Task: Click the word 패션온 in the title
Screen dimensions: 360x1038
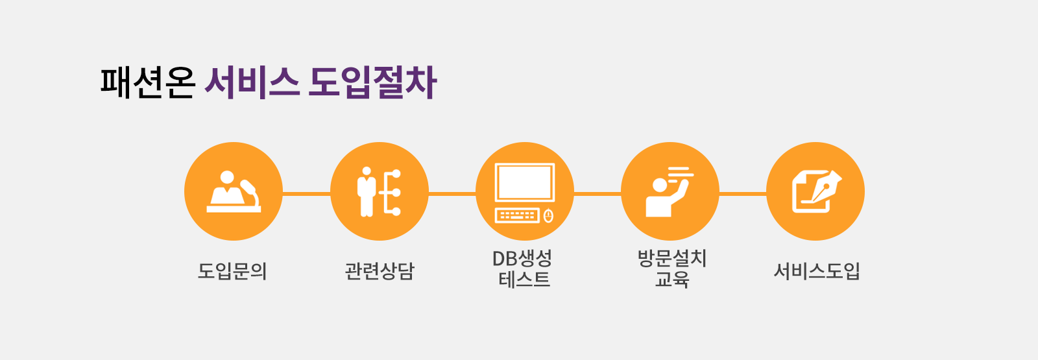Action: [148, 83]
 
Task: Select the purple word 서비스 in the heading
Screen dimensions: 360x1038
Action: [252, 83]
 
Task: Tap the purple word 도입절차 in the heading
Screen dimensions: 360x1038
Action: [372, 83]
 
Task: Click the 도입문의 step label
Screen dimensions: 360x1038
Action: [233, 270]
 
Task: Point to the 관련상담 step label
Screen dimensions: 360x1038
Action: [380, 270]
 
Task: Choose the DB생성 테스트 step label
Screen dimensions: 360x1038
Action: [524, 269]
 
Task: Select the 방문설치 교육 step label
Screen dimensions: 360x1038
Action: [671, 269]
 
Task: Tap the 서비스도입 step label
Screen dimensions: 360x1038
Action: [816, 270]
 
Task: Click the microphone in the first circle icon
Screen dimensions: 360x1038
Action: [250, 191]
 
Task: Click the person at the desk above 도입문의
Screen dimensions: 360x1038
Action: [226, 188]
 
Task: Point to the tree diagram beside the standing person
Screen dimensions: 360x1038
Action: [391, 192]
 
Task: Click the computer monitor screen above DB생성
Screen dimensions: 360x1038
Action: [524, 182]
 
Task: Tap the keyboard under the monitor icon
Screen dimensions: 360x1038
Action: [517, 215]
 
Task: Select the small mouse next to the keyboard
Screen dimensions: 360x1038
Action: [548, 215]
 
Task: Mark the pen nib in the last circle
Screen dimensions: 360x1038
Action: [826, 187]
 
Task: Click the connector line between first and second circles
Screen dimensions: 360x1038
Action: [306, 193]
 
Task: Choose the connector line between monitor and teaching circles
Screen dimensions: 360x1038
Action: [597, 193]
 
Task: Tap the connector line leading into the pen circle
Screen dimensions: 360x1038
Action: [743, 193]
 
